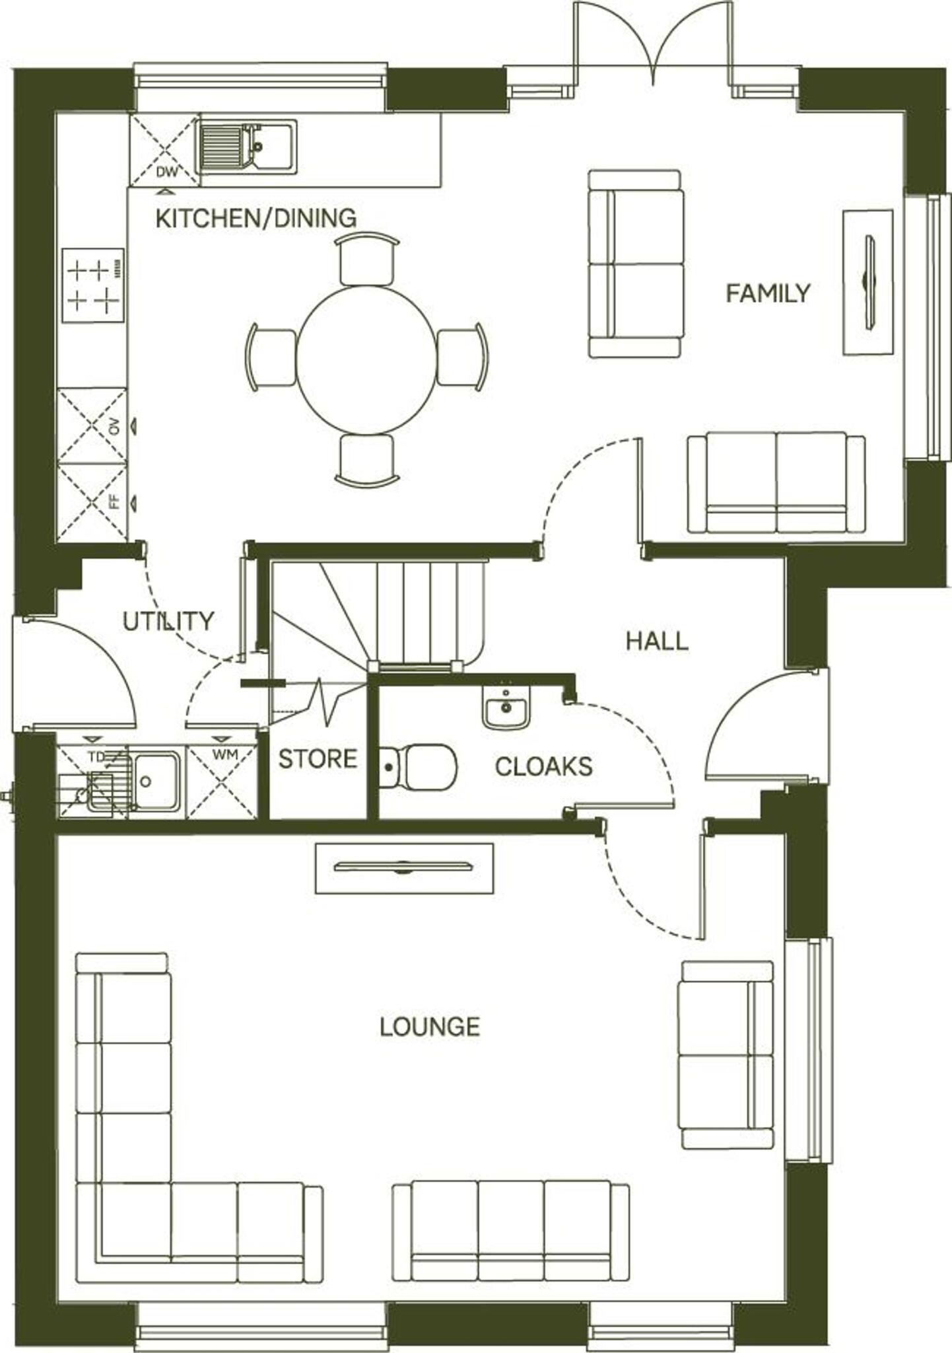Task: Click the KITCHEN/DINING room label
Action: point(255,218)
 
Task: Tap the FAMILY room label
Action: point(768,293)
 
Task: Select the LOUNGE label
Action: point(429,1026)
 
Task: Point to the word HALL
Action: point(657,641)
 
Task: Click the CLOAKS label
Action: point(543,766)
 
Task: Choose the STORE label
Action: point(318,759)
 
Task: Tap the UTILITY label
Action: point(168,621)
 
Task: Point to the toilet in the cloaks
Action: point(420,767)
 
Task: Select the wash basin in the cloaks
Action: point(506,706)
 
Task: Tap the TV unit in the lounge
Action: point(404,867)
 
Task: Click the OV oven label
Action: point(116,427)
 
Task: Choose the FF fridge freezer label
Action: point(116,501)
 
